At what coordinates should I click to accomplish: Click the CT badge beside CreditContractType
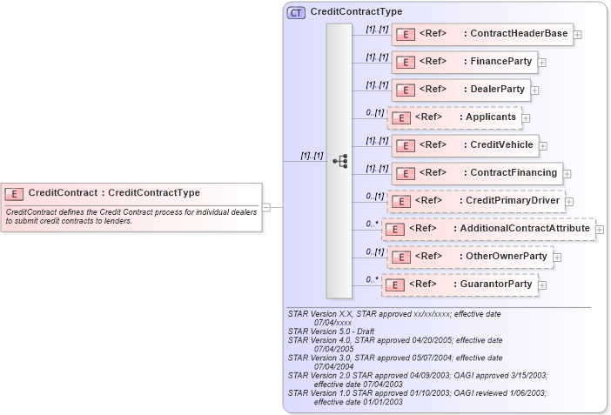click(x=296, y=12)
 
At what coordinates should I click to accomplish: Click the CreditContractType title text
click(x=356, y=12)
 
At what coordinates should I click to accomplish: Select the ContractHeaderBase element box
click(x=482, y=34)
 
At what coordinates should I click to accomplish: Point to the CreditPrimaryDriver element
click(x=475, y=201)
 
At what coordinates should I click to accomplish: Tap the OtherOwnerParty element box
click(x=469, y=257)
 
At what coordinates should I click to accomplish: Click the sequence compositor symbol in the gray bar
click(x=339, y=161)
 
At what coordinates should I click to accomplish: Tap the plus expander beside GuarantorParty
click(x=542, y=284)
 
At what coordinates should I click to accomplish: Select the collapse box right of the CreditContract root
click(x=266, y=207)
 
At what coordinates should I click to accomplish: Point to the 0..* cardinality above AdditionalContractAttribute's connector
click(x=372, y=224)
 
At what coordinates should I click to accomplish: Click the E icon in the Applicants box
click(x=400, y=117)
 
